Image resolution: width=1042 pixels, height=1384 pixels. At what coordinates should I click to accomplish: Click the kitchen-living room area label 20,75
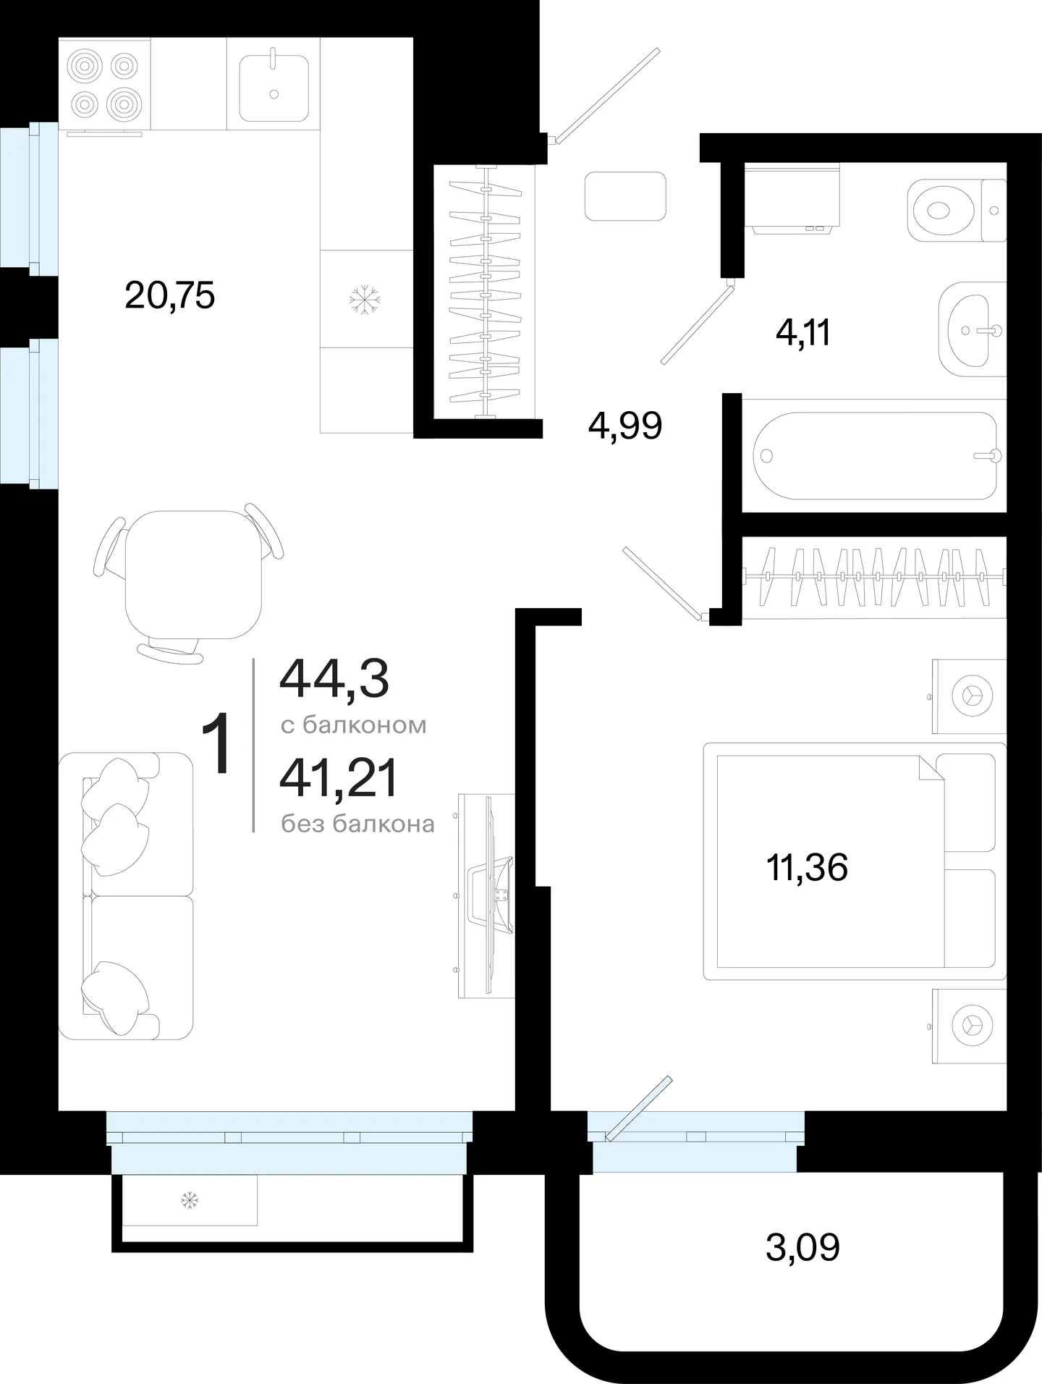170,296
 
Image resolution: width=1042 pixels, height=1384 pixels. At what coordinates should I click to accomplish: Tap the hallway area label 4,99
625,426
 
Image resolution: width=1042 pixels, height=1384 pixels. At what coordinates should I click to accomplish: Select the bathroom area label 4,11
803,334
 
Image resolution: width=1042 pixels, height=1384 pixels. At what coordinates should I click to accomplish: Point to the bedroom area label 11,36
807,867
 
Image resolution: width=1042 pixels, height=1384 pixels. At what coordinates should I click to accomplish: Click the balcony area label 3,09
803,1247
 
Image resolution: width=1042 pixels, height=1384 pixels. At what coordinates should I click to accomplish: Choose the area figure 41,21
339,780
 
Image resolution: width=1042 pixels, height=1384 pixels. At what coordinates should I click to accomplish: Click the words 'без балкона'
358,824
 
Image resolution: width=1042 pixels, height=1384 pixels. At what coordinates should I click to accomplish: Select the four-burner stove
104,85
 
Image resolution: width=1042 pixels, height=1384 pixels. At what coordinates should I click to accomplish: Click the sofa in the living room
127,896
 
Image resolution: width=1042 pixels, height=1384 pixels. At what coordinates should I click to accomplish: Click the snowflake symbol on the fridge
365,299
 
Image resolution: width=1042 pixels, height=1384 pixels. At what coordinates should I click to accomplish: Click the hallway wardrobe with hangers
486,292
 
